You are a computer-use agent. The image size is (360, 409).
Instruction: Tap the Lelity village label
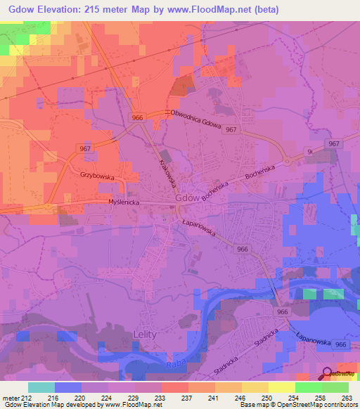145,336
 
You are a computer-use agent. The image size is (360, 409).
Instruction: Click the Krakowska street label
165,171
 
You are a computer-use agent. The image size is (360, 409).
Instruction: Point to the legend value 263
345,397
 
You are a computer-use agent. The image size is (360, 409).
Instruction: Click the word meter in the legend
11,397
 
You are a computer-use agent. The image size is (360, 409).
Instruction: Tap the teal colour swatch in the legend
41,387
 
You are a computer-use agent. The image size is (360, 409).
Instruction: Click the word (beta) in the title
266,10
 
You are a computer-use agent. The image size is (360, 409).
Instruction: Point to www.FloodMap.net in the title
211,10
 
